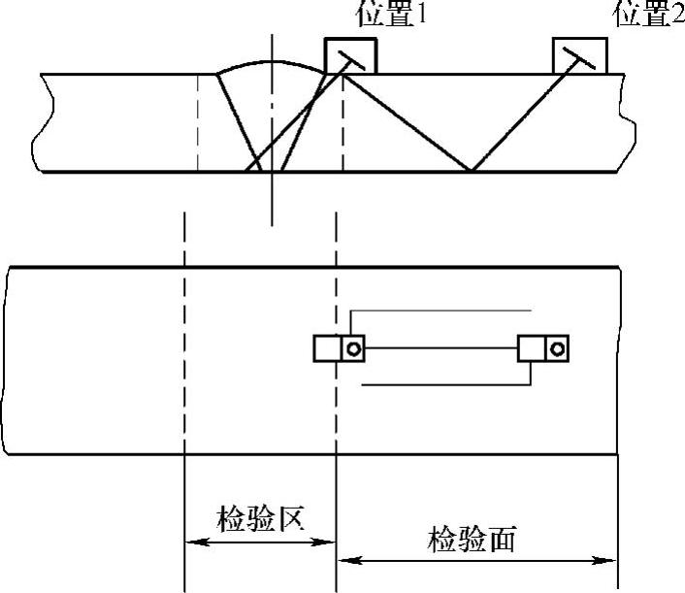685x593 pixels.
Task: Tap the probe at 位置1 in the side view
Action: [x=349, y=55]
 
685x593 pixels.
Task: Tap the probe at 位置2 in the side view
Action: [x=580, y=55]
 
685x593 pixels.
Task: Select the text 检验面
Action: [x=474, y=540]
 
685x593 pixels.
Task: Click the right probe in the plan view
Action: [x=543, y=347]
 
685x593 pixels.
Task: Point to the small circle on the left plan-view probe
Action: [x=353, y=348]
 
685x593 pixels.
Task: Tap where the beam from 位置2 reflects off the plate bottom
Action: [x=472, y=172]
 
